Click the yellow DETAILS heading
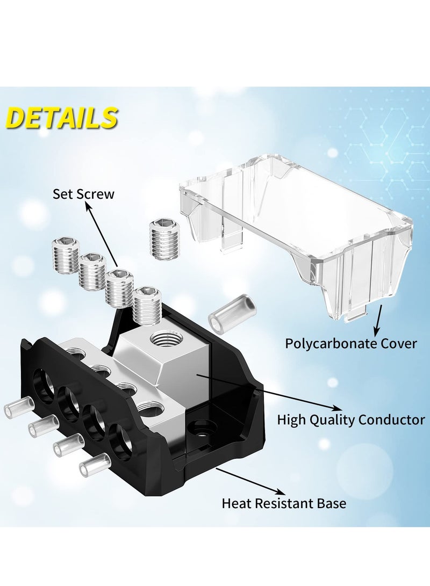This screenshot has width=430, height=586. tap(62, 117)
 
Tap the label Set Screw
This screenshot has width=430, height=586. tap(83, 194)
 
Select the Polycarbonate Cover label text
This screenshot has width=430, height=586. tap(351, 343)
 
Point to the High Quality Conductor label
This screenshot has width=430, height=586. tap(351, 419)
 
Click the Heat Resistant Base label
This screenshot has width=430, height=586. tap(284, 503)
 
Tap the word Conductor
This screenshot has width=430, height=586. tap(391, 419)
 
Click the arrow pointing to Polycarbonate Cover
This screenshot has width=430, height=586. tap(378, 320)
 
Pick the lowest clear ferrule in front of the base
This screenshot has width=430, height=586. tap(94, 464)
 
